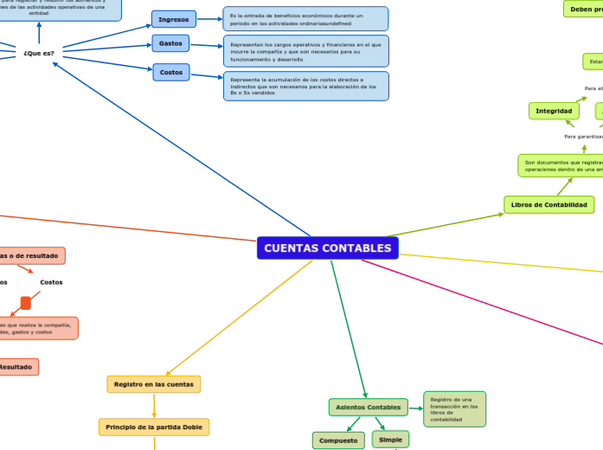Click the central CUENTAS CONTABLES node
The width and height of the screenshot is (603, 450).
(x=327, y=248)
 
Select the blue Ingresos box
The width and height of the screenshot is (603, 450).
(x=174, y=19)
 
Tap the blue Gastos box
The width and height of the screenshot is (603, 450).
(x=170, y=43)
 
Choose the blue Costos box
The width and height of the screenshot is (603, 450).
(x=171, y=73)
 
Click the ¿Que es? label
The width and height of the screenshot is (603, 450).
(x=39, y=53)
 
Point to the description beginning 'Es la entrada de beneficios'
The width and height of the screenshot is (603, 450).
(x=305, y=19)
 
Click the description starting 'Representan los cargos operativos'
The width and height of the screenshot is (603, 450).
(x=305, y=51)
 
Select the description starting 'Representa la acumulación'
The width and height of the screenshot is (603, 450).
(x=305, y=86)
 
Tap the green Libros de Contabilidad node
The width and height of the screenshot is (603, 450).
(x=548, y=205)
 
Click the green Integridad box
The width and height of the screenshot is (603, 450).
(x=554, y=111)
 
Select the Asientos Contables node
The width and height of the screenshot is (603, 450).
(x=368, y=407)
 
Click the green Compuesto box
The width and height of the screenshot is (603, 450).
(x=338, y=440)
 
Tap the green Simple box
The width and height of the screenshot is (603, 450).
(x=390, y=440)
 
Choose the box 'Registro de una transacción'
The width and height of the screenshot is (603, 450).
(x=454, y=408)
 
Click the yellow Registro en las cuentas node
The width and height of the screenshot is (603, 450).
(x=153, y=383)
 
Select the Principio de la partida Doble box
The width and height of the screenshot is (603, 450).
(x=153, y=427)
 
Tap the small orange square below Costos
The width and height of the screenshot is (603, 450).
(x=26, y=302)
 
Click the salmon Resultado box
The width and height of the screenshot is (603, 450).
(x=16, y=367)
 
